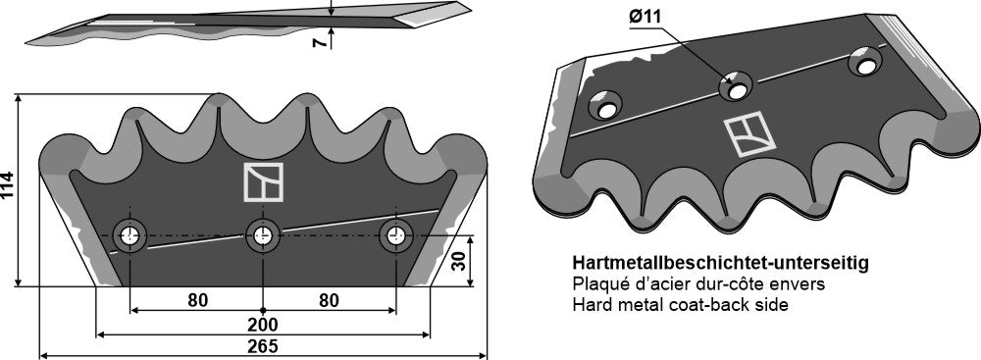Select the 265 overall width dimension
(x=263, y=346)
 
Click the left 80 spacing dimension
(x=197, y=299)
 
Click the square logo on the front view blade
(x=263, y=183)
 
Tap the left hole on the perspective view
(x=606, y=104)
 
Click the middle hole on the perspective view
(x=735, y=86)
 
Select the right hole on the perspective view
(x=864, y=61)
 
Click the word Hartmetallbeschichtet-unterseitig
(x=719, y=265)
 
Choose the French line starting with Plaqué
(x=697, y=284)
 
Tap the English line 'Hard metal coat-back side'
(x=680, y=305)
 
